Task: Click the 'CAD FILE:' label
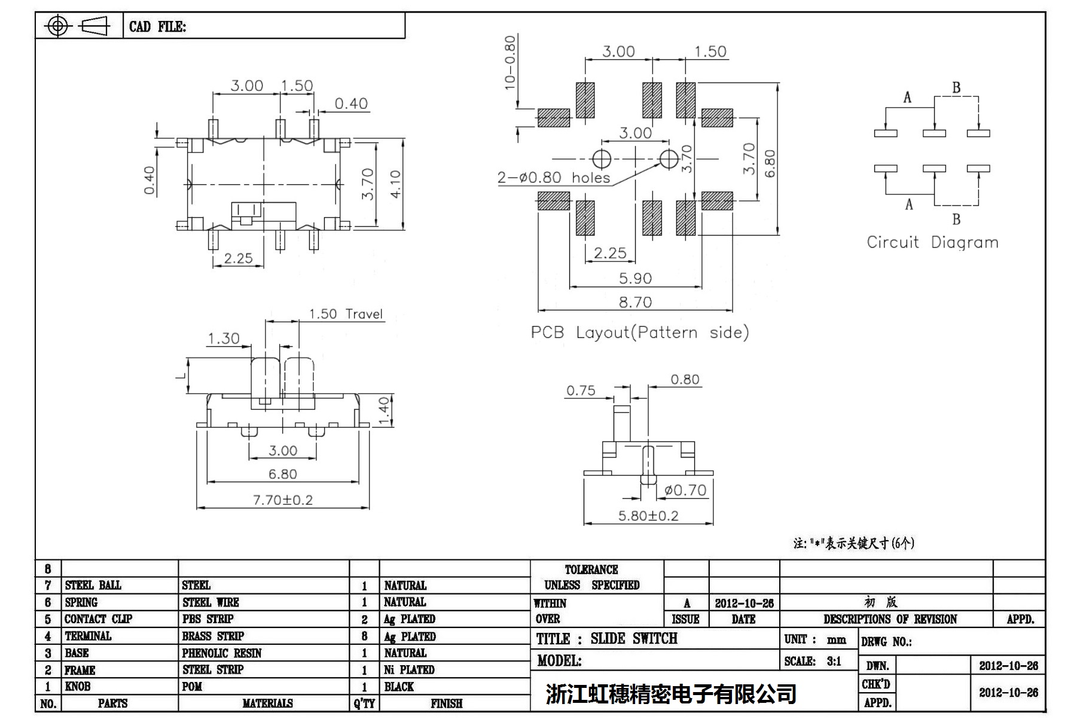point(157,27)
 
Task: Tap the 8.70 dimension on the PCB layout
point(635,303)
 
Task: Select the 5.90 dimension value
point(635,279)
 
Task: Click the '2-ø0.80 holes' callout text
point(554,178)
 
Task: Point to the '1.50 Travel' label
point(346,315)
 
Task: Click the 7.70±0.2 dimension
point(283,500)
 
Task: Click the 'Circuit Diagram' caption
point(932,243)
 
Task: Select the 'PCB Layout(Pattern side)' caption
point(639,333)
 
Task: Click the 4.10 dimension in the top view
point(395,185)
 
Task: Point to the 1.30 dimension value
point(223,339)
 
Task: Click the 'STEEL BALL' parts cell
point(93,586)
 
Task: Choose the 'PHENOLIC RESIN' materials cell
point(222,653)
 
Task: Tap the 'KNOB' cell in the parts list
point(78,687)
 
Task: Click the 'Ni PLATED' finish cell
point(409,670)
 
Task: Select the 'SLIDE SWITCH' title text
point(634,639)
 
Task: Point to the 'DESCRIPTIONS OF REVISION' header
point(890,620)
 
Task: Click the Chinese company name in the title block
point(671,694)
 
